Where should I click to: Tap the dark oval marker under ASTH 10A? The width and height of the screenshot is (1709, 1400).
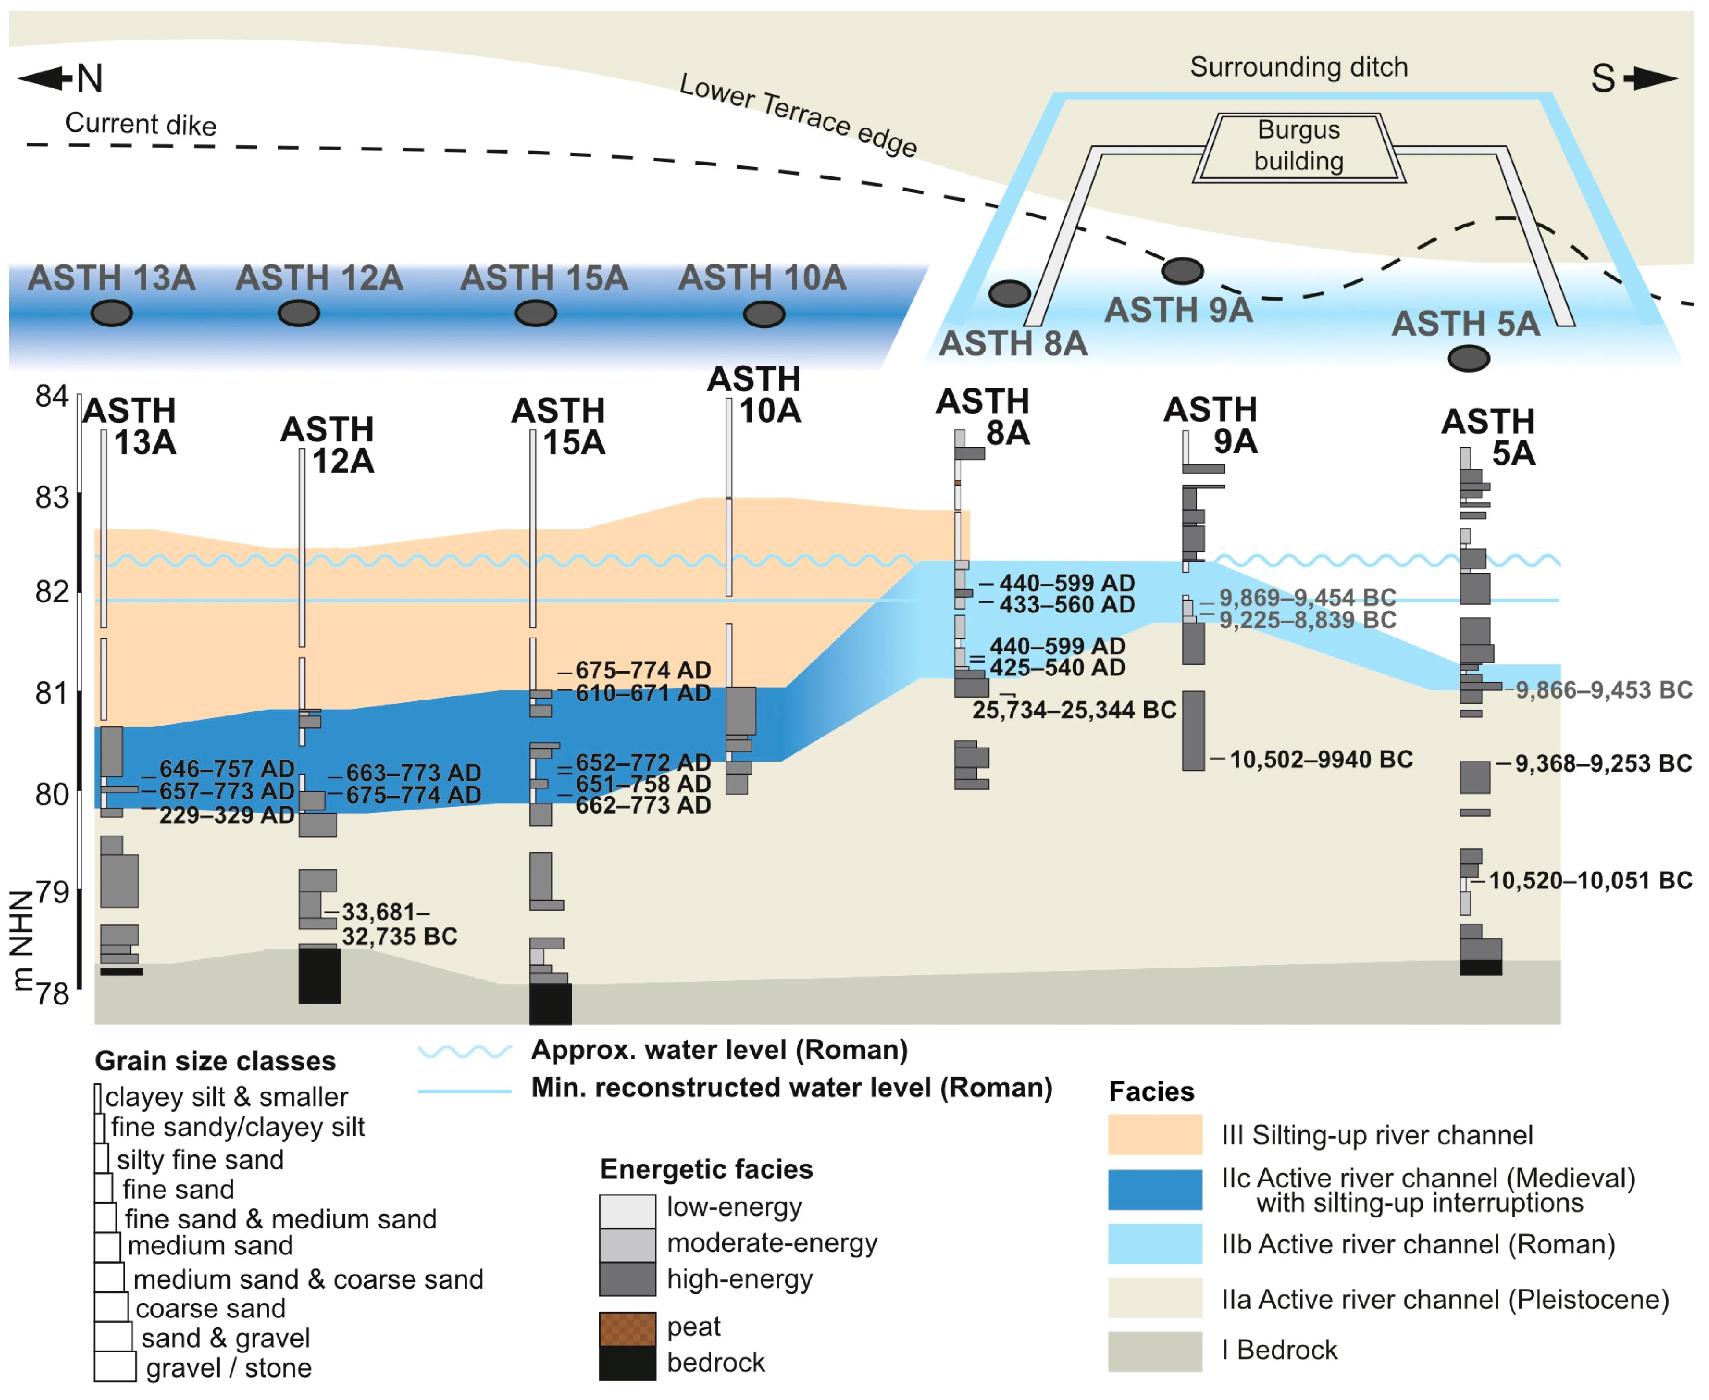764,314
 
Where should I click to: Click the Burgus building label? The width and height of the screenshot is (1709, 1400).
1298,145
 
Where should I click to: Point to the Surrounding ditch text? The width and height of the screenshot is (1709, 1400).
1298,67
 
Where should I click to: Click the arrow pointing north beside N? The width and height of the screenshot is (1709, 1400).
46,78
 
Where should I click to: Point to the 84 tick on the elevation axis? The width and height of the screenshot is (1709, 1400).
51,396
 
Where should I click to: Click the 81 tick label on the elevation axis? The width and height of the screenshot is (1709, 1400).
51,693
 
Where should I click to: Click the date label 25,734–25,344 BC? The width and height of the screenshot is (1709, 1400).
1074,711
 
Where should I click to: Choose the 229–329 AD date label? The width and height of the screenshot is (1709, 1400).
227,815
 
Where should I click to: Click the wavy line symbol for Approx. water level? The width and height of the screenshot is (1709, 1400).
465,1051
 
